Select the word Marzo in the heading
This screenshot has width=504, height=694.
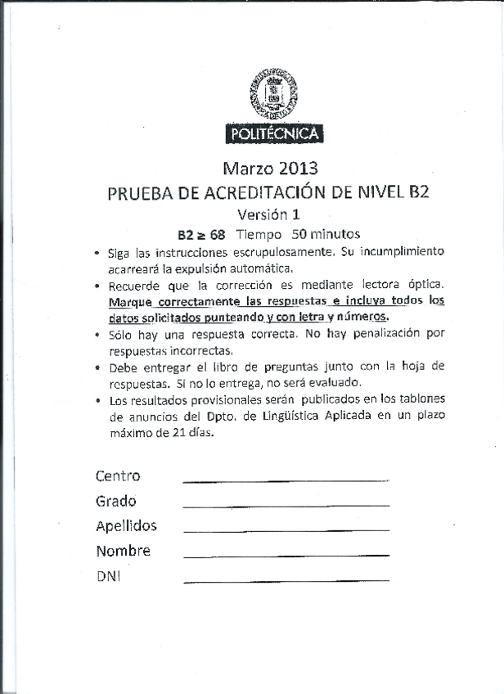pyautogui.click(x=247, y=170)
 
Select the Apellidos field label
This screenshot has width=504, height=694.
pyautogui.click(x=126, y=526)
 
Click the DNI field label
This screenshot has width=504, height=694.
pyautogui.click(x=108, y=576)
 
